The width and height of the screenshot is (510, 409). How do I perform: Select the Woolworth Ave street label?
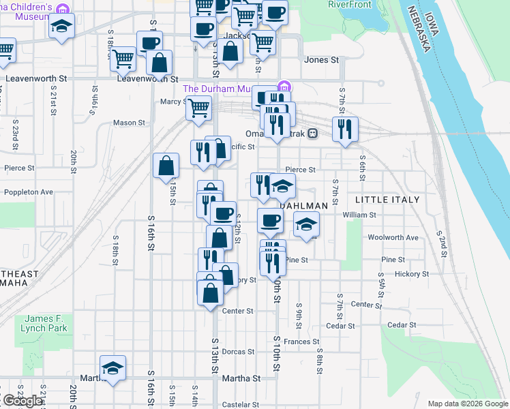[x=402, y=238]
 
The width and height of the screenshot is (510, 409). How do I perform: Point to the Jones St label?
[x=321, y=60]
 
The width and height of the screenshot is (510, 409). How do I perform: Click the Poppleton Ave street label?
[x=28, y=192]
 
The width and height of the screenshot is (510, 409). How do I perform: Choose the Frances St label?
[x=302, y=342]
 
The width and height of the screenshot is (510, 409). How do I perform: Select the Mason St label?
[x=130, y=123]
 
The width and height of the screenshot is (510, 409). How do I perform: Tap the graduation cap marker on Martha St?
[x=113, y=367]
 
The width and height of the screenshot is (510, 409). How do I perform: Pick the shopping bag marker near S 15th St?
[x=166, y=165]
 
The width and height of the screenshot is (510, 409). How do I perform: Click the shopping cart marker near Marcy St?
[x=199, y=108]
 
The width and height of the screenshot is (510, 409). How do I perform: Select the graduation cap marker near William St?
[x=307, y=223]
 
